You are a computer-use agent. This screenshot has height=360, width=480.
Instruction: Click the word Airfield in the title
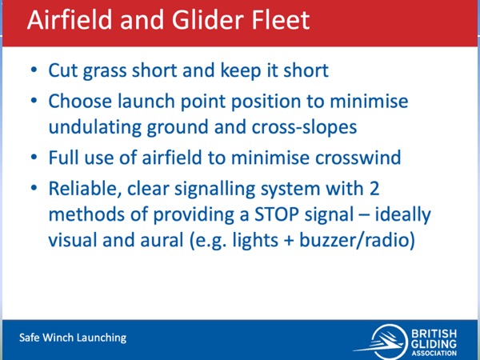click(70, 20)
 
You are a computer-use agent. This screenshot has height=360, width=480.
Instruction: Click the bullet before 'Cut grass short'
click(34, 70)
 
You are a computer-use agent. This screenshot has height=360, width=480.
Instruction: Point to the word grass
click(105, 72)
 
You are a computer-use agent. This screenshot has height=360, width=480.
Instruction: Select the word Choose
click(80, 101)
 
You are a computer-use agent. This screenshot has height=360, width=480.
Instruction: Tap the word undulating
click(95, 127)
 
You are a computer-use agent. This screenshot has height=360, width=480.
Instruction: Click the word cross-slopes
click(304, 128)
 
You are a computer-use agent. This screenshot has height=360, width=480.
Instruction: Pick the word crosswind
click(358, 158)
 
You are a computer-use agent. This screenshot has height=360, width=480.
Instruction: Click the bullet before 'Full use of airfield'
click(34, 157)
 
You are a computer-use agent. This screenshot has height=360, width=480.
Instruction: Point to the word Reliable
click(83, 189)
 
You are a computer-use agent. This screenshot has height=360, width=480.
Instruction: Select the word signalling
click(214, 189)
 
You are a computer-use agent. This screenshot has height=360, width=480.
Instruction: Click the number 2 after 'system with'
click(374, 188)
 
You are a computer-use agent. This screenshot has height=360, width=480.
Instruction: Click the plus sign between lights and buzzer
click(288, 240)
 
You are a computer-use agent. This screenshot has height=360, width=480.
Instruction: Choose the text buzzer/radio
click(357, 240)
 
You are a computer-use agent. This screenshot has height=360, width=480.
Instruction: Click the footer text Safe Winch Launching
click(73, 338)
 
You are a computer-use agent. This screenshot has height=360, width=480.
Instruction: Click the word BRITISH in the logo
click(434, 333)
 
